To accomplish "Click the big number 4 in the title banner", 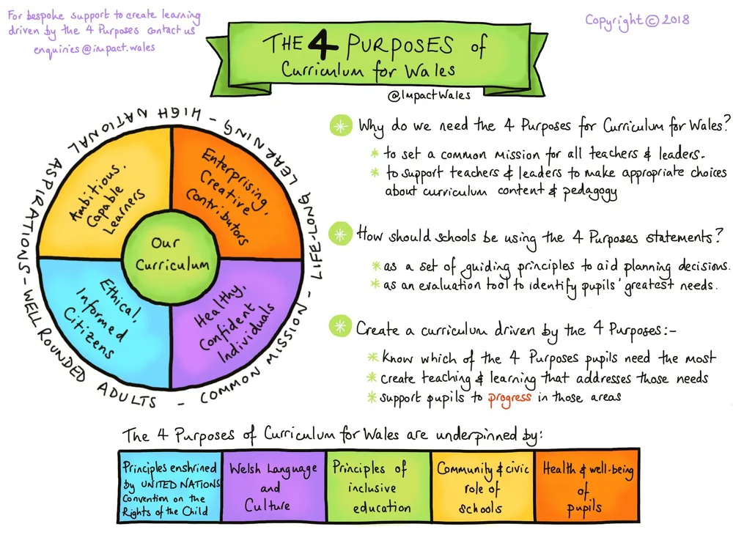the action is click(x=322, y=43).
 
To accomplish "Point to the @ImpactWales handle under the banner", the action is click(x=429, y=95).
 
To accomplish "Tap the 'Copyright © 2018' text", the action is click(x=637, y=21).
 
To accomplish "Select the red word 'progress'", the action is click(x=509, y=399).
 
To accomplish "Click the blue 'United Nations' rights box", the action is click(x=170, y=486).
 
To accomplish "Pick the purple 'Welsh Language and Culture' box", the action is click(x=274, y=486).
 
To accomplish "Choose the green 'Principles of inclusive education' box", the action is click(x=378, y=486).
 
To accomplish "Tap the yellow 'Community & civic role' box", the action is click(x=483, y=486).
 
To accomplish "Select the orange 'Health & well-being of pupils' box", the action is click(x=587, y=486).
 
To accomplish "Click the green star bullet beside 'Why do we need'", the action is click(x=341, y=125).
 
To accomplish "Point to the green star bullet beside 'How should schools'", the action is click(x=340, y=234).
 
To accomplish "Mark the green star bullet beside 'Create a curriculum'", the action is click(x=340, y=325).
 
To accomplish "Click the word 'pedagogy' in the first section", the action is click(x=589, y=191).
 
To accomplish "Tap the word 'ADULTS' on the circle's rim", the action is click(x=126, y=395).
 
